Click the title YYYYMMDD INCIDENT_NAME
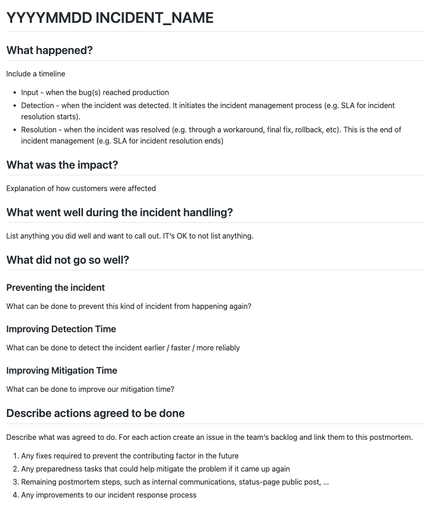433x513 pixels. coord(110,18)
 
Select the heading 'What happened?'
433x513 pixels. coord(49,50)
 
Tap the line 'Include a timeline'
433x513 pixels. coord(36,74)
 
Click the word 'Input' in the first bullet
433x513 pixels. coord(30,92)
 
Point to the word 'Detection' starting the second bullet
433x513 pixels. coord(38,105)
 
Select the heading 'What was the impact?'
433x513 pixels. coord(62,165)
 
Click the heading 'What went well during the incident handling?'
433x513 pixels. coord(119,212)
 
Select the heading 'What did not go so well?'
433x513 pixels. coord(68,260)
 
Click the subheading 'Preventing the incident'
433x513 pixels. coord(55,287)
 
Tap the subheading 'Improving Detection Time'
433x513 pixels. coord(61,329)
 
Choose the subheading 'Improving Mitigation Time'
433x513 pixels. coord(62,370)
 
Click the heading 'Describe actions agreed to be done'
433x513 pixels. coord(96,413)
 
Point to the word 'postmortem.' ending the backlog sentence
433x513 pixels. coord(392,437)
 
